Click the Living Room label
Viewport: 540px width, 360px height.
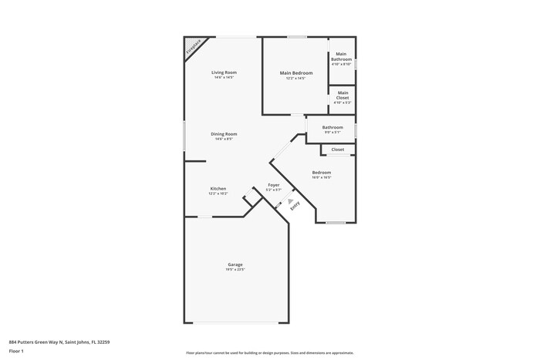coord(224,72)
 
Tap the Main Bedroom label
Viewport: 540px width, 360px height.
coord(295,72)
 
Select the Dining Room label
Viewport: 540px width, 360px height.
coord(224,133)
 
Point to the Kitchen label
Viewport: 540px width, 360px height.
coord(218,189)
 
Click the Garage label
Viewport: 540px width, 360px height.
coord(235,264)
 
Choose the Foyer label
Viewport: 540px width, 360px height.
coord(274,185)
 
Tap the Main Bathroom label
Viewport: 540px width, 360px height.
coord(342,56)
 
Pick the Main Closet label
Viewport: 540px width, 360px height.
coord(343,96)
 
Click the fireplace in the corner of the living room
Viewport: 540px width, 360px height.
coord(191,48)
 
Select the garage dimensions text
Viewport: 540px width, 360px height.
coord(235,270)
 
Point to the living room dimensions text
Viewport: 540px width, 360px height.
coord(224,78)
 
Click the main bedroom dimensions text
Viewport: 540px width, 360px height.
coord(295,78)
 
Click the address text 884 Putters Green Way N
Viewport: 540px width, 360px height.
coord(54,341)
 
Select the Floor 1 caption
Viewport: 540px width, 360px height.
coord(16,352)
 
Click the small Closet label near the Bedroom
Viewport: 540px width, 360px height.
coord(338,150)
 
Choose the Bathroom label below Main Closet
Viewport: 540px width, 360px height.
coord(332,127)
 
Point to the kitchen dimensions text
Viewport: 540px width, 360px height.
coord(218,194)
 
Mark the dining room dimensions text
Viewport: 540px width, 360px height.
coord(224,139)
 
